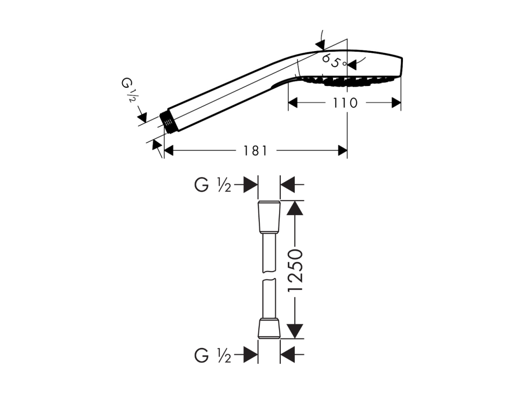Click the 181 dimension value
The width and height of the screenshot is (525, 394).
(255, 151)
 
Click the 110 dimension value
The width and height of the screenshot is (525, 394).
(345, 103)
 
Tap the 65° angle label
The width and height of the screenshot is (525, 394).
(334, 61)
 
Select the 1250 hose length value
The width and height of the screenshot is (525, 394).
(295, 271)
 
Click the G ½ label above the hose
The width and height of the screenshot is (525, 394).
(213, 185)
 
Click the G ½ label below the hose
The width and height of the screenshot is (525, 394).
(213, 355)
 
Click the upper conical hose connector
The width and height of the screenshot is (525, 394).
(269, 217)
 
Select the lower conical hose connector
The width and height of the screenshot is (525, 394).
(269, 329)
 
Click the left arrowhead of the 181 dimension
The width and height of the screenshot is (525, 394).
(169, 151)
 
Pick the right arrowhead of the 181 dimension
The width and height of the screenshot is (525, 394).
(342, 151)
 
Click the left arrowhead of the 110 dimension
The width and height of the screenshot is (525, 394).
(293, 103)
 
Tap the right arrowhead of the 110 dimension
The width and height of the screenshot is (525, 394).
(396, 103)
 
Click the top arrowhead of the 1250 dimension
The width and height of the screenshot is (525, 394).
(295, 208)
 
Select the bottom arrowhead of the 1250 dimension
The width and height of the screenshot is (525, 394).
(295, 331)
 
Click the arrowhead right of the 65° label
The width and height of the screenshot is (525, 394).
(351, 65)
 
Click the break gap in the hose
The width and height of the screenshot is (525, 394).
(269, 275)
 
